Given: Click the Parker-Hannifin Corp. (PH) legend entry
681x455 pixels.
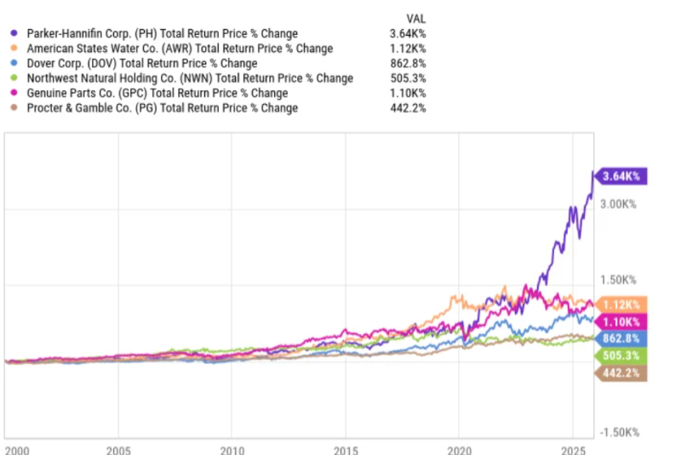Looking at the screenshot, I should (x=163, y=33).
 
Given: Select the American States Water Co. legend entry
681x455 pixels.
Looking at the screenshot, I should (x=180, y=49).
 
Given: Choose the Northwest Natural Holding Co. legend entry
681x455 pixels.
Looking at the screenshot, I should (x=190, y=78).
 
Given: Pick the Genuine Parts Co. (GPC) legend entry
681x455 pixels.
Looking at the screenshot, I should (x=157, y=93).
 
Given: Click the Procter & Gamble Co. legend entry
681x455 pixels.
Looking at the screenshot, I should (x=163, y=108).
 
